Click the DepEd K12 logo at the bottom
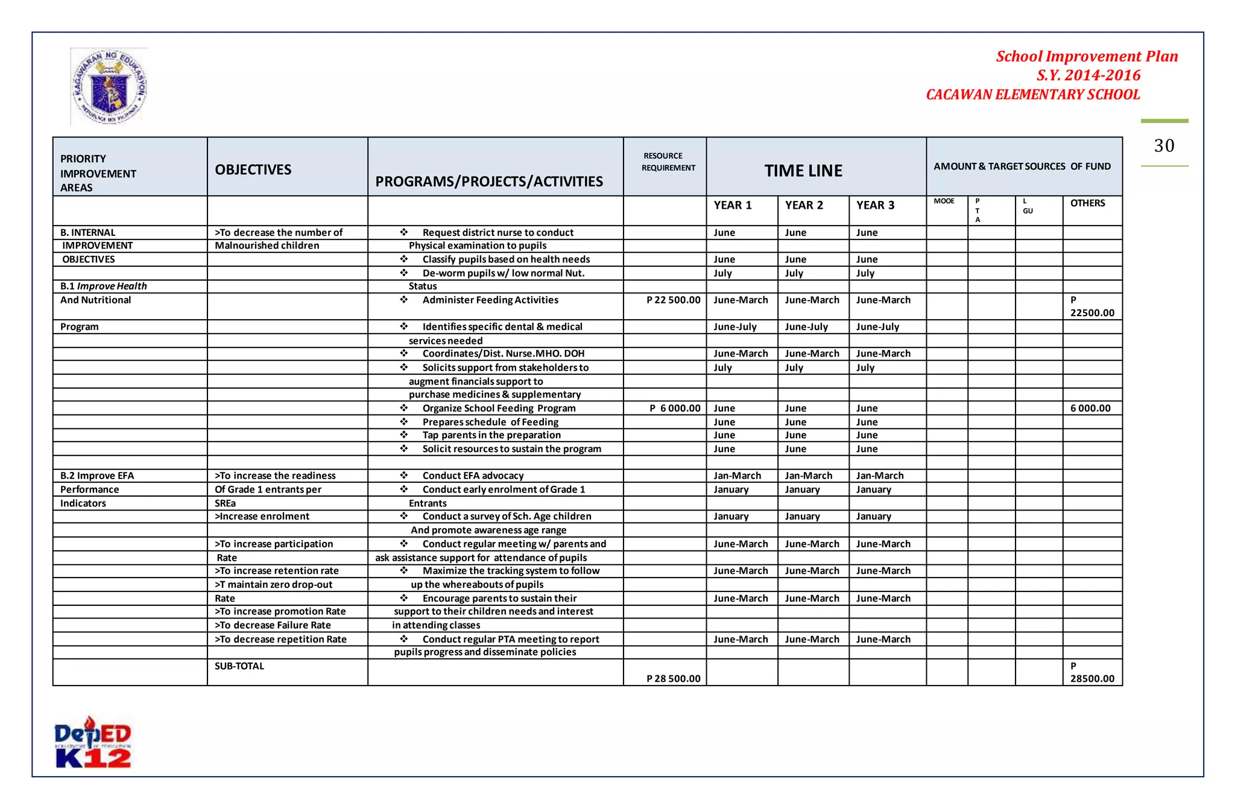pos(93,743)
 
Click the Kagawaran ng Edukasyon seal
pos(109,87)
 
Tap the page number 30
pos(1164,146)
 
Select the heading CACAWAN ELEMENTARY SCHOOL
pos(1032,95)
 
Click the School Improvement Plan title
pos(1087,57)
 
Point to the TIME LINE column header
pos(803,171)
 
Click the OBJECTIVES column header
pos(253,170)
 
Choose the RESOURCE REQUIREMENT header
pos(668,162)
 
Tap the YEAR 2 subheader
pos(804,205)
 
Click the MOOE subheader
pos(944,202)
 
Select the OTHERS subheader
pos(1087,203)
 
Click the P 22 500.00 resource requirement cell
pos(673,300)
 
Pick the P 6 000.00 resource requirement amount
pos(675,409)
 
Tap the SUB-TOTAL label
pos(239,666)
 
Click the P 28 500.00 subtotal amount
pos(673,679)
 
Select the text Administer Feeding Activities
pos(490,300)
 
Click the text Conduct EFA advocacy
pos(473,476)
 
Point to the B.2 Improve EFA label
pos(97,476)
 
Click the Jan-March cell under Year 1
pos(737,476)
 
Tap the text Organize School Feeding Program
pos(499,409)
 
